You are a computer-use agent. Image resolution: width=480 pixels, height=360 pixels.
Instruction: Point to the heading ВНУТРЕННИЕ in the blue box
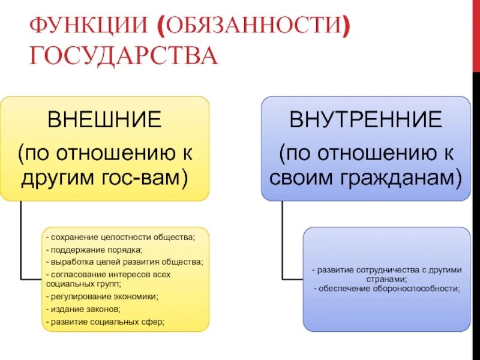pos(365,120)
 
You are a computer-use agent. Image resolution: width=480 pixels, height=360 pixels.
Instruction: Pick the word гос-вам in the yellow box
pos(150,178)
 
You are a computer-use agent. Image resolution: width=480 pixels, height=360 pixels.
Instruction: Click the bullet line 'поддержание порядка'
pos(96,250)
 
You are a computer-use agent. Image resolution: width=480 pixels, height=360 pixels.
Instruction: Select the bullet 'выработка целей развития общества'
pos(126,262)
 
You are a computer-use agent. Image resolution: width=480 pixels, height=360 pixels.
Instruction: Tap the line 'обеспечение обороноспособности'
pos(387,289)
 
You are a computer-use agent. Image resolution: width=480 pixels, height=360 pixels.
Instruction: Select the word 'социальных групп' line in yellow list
pos(78,284)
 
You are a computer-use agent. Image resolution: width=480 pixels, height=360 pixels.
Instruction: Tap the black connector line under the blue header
pos(282,240)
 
